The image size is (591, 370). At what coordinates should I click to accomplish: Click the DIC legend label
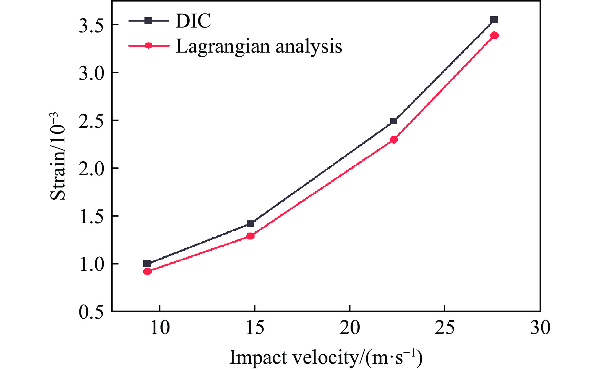point(193,21)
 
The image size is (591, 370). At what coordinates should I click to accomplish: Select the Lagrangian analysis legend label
point(259,46)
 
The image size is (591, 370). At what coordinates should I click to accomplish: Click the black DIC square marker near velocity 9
point(147,264)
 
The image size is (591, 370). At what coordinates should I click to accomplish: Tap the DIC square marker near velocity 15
point(250,224)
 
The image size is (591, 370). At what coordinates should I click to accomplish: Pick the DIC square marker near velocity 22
point(394,121)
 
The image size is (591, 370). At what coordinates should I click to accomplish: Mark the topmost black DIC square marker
point(494,20)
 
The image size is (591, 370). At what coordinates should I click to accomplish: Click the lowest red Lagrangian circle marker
point(147,271)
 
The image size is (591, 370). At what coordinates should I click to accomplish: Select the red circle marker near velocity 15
point(250,236)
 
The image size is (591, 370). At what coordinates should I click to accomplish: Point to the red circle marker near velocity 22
point(394,140)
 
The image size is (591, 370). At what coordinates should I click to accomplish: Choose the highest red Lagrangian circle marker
point(494,35)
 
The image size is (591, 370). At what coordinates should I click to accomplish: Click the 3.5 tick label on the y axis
point(91,26)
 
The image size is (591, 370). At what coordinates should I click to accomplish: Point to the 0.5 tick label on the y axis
point(91,312)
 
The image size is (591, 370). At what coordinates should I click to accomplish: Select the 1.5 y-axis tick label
point(91,217)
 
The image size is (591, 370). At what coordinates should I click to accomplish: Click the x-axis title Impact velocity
point(326,357)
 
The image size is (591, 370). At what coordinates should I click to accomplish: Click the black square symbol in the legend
point(149,21)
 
